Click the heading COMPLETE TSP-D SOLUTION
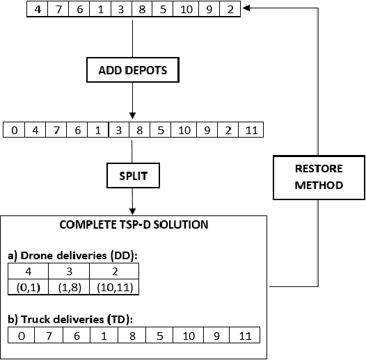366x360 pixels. click(x=133, y=225)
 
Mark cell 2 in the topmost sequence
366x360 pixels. click(x=229, y=10)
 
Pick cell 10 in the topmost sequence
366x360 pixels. click(x=188, y=10)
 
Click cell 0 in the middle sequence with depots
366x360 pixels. click(x=15, y=130)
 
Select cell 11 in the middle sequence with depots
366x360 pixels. click(x=253, y=130)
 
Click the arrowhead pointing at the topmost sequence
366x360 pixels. click(x=248, y=8)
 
